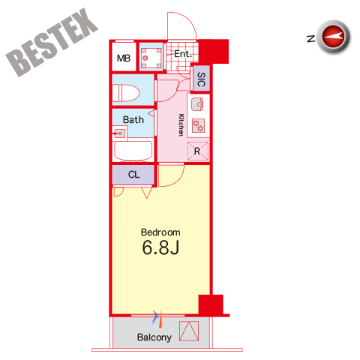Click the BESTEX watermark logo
point(52,42)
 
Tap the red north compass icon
point(333,37)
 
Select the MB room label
point(124,58)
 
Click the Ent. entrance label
point(183,54)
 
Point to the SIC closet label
point(201,79)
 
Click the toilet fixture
point(126,93)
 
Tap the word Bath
point(133,120)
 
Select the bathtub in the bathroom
point(133,151)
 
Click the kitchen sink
point(197,104)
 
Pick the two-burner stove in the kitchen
point(198,125)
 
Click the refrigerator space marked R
point(198,151)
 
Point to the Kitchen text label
point(181,125)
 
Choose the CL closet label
point(133,175)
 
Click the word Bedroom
point(160,232)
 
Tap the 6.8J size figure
point(160,247)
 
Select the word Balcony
point(154,337)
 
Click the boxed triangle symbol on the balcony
point(189,331)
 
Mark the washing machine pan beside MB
point(151,58)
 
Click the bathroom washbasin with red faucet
point(120,133)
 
